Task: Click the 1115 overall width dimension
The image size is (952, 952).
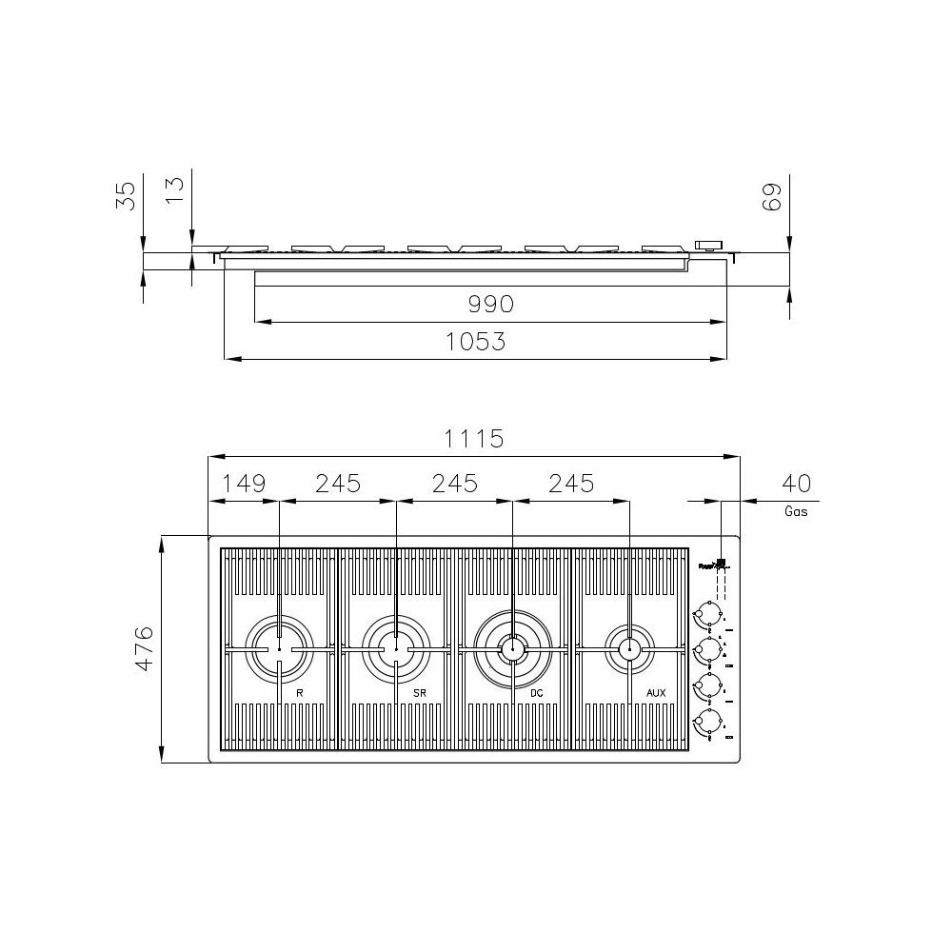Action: (474, 439)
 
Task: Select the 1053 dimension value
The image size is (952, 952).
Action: (476, 342)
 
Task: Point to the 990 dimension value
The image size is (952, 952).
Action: (490, 305)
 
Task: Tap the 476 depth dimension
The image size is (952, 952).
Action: (144, 648)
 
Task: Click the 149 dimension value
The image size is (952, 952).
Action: (244, 484)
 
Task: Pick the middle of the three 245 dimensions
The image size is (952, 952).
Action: (454, 484)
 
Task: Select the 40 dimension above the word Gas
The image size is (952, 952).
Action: (796, 484)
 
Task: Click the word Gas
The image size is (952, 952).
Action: (796, 511)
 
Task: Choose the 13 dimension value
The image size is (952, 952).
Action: (174, 189)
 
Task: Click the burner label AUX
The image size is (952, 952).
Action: (656, 693)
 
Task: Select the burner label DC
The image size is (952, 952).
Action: (536, 693)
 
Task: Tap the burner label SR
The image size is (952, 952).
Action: (419, 693)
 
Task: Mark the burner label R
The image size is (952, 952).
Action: (300, 693)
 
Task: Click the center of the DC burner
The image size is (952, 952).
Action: (512, 649)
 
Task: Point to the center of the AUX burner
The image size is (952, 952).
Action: (628, 649)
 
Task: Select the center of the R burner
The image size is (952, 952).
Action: (279, 649)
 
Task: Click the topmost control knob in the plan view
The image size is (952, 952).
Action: (707, 612)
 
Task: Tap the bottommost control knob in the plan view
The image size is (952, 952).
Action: (707, 723)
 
